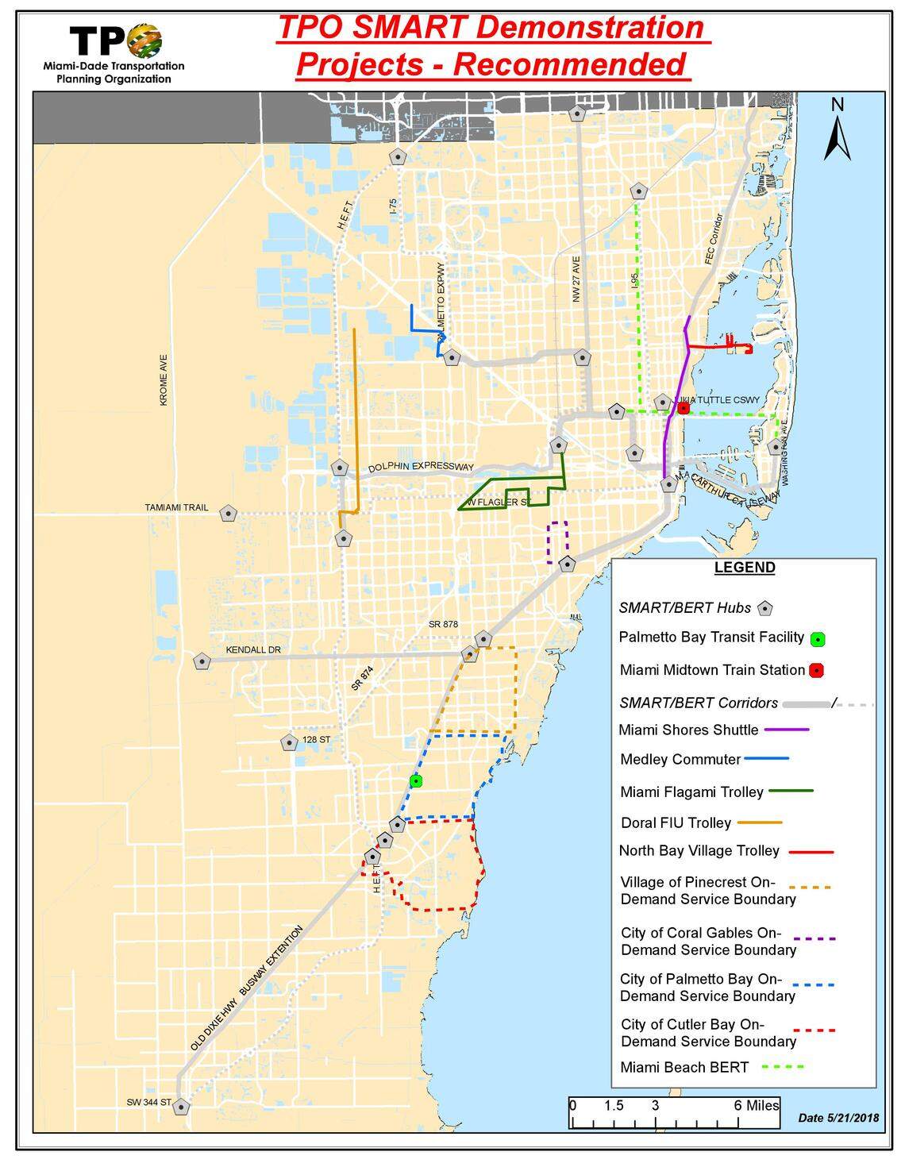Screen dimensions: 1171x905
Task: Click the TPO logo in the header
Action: click(116, 40)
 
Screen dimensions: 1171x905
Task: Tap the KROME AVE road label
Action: click(164, 380)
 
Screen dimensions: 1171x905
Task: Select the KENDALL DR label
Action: click(253, 650)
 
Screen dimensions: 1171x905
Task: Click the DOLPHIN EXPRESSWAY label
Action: click(420, 467)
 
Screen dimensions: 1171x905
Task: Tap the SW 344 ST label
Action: click(148, 1103)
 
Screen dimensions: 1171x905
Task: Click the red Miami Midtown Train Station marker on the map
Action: click(683, 409)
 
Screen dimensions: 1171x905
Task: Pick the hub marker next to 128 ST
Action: click(288, 742)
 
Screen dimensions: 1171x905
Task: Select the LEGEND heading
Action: click(744, 568)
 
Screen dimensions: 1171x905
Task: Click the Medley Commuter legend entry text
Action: click(680, 759)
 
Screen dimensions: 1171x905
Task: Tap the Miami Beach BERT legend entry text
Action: click(684, 1067)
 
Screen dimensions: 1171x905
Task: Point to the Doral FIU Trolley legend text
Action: click(676, 822)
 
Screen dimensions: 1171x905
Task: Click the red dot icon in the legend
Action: click(816, 671)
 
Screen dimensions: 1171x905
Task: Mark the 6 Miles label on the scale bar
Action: click(757, 1105)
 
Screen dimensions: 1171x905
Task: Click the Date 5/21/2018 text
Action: click(838, 1118)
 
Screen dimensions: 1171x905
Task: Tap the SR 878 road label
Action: click(443, 625)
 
